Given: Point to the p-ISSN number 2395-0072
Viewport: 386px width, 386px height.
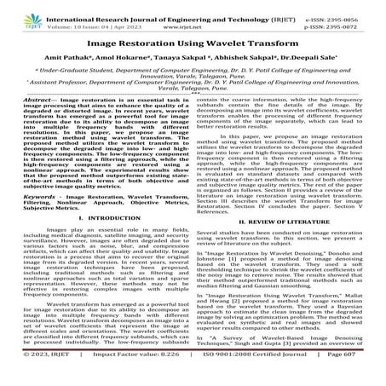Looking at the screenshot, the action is (357, 16).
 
